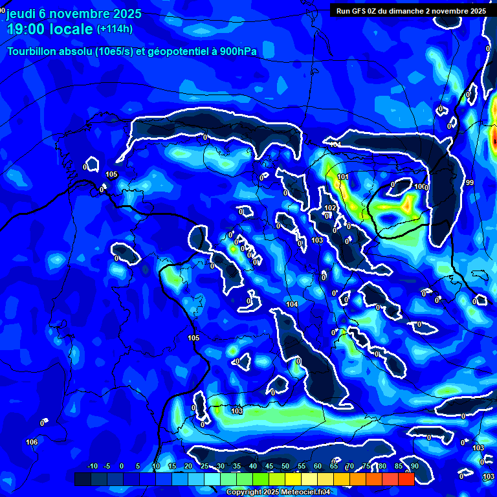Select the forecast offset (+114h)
pos(115,29)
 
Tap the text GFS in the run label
pos(359,11)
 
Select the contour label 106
pos(32,442)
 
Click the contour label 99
pos(470,183)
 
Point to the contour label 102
pos(330,208)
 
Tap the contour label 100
pos(420,187)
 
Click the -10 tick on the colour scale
pos(92,467)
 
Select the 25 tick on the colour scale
pos(204,467)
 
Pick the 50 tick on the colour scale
pos(285,467)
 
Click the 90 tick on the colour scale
pos(414,467)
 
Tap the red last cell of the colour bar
pos(406,479)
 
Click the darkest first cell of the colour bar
pos(82,479)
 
